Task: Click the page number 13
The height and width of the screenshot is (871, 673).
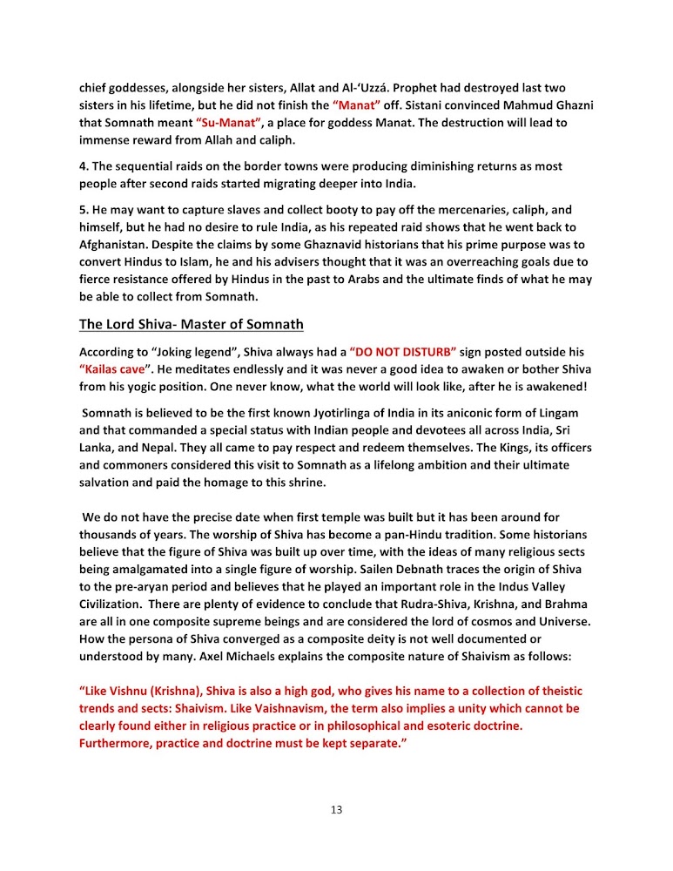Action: [x=336, y=810]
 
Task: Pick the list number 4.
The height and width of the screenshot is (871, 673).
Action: [x=83, y=165]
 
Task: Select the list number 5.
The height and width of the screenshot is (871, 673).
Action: [x=83, y=210]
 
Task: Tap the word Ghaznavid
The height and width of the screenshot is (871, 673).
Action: [x=326, y=243]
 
